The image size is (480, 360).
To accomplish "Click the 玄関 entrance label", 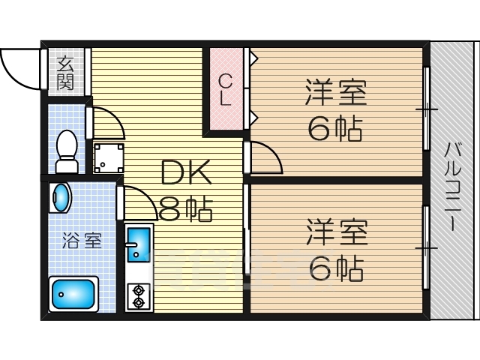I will tap(66, 71).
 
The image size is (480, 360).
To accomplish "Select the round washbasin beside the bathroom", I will tap(59, 199).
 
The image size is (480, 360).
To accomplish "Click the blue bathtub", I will tap(73, 294).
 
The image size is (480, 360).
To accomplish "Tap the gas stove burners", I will tap(139, 295).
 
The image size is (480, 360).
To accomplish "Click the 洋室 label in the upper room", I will tap(335, 95).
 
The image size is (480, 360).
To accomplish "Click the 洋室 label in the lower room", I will tap(335, 232).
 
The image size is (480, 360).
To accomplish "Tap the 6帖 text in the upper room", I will tap(335, 129).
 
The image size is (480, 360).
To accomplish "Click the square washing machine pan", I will tap(109, 157).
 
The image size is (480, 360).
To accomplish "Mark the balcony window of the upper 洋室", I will tap(427, 110).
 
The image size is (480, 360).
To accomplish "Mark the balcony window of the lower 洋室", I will tap(427, 247).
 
